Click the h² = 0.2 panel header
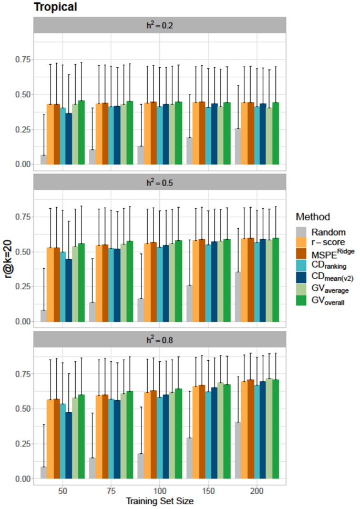[160, 25]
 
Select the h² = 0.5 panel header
[160, 182]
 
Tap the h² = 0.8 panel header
[160, 339]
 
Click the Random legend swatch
[301, 232]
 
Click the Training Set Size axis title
[160, 501]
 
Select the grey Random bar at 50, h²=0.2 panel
[44, 159]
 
